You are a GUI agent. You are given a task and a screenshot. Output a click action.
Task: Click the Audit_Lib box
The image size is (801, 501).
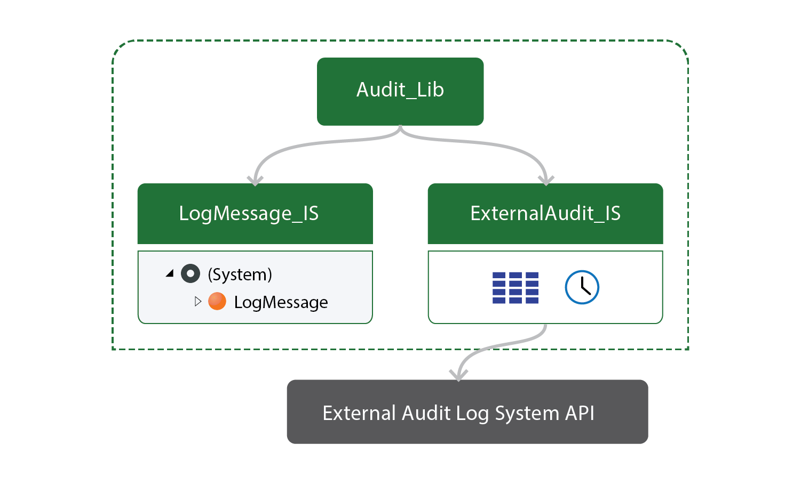[400, 91]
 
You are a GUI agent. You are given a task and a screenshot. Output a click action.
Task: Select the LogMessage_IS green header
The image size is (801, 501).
[255, 213]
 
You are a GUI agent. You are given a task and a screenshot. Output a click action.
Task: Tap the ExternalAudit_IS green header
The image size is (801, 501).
[545, 213]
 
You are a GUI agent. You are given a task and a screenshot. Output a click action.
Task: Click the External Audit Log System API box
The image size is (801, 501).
[467, 411]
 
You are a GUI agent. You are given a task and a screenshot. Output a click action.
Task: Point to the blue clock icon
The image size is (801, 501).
[582, 287]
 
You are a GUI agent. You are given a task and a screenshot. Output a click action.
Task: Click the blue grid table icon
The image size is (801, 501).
[515, 288]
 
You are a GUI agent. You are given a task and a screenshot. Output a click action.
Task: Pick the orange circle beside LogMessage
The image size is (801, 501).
[217, 301]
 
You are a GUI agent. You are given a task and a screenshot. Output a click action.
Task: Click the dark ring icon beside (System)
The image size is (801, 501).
[191, 273]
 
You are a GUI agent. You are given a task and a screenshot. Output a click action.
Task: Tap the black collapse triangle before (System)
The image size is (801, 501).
[170, 273]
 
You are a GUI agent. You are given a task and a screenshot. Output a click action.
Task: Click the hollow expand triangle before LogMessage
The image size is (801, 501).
[197, 301]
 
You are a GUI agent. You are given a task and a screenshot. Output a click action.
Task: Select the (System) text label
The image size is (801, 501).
[240, 274]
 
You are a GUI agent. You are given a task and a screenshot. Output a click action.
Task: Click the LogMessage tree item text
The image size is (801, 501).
[281, 302]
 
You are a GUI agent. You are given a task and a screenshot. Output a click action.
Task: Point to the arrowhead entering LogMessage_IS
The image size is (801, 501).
[255, 181]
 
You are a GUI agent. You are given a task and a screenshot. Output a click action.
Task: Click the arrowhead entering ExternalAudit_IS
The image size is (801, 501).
[545, 181]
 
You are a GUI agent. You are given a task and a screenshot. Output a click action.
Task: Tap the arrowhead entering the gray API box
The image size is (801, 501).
[458, 376]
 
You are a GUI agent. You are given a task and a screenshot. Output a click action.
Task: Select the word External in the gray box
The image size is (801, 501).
[359, 413]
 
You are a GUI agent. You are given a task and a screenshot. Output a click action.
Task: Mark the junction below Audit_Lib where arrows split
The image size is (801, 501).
[400, 130]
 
